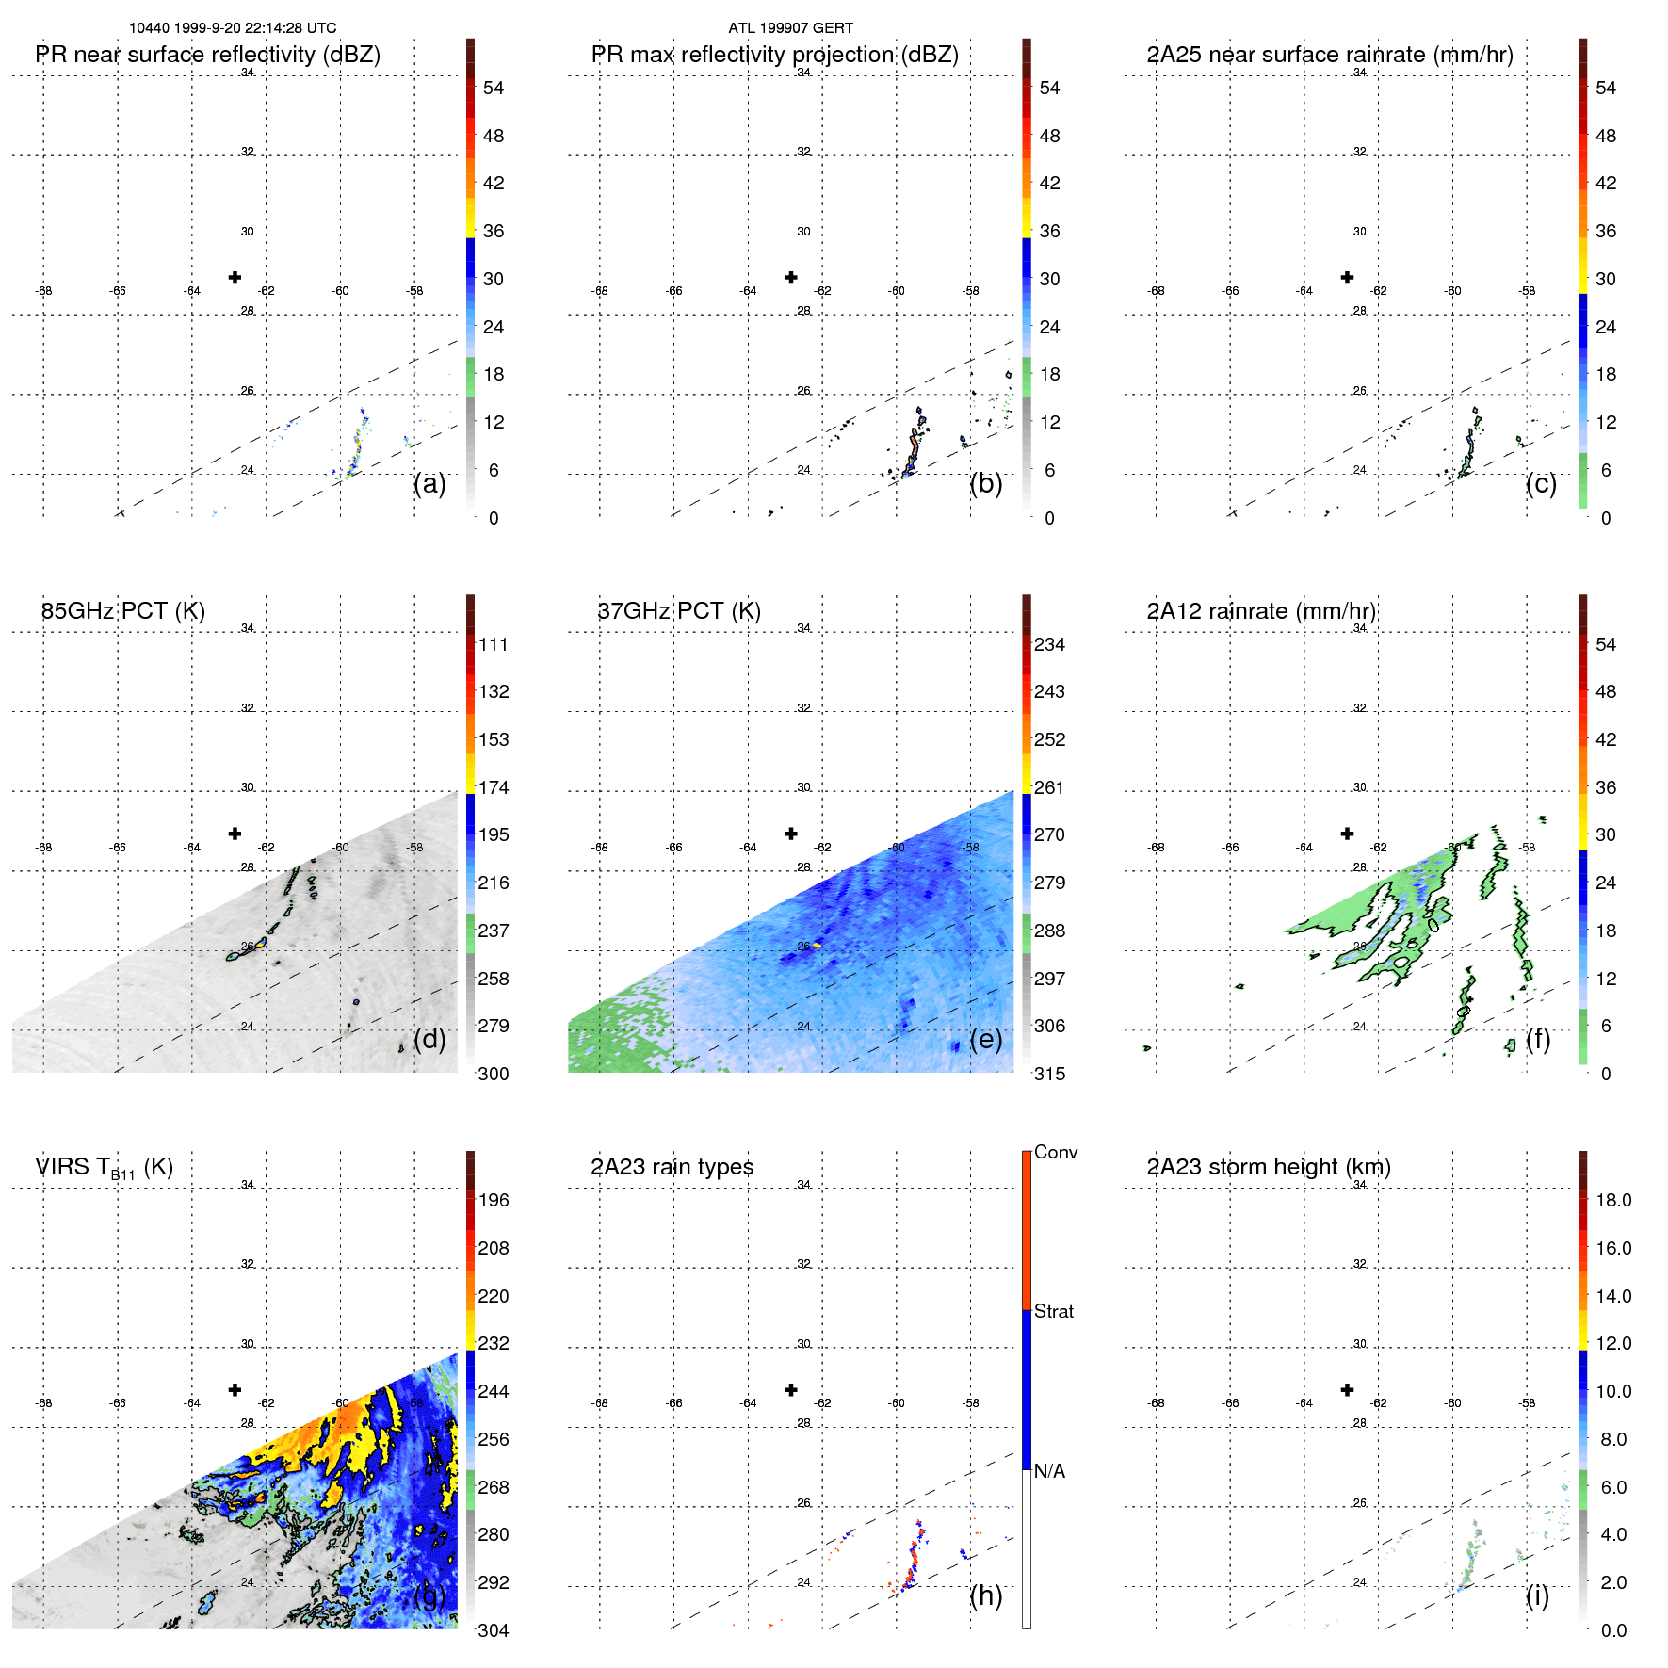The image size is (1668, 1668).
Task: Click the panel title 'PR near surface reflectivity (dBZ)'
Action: (207, 55)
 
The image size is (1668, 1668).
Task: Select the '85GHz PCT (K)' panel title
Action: (122, 611)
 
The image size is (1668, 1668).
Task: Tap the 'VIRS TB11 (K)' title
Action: (104, 1168)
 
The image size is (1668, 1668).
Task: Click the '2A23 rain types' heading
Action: (672, 1168)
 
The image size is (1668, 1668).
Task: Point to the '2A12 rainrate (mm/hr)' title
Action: (1261, 611)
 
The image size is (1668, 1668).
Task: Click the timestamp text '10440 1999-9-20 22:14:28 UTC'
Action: (233, 28)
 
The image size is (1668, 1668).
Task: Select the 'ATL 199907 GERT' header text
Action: (790, 28)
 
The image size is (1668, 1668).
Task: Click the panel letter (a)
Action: (429, 484)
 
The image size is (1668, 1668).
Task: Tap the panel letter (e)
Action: (985, 1040)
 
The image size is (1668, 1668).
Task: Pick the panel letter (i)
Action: (1537, 1595)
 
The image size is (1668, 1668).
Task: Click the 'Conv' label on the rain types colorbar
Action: (1056, 1153)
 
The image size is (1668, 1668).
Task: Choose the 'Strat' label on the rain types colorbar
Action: (1054, 1312)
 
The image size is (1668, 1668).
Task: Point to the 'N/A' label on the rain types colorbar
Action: (1049, 1471)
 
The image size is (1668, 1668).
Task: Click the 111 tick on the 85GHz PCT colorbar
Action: (494, 645)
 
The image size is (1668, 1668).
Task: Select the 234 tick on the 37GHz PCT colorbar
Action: (1049, 645)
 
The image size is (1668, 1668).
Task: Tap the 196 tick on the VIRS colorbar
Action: (494, 1201)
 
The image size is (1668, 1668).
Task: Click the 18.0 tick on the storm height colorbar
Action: (1613, 1201)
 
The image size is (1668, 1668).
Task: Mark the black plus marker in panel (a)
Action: (235, 277)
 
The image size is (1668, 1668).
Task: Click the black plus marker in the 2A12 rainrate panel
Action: (1347, 834)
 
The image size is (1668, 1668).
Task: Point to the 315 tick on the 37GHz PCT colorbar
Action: (1049, 1075)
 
